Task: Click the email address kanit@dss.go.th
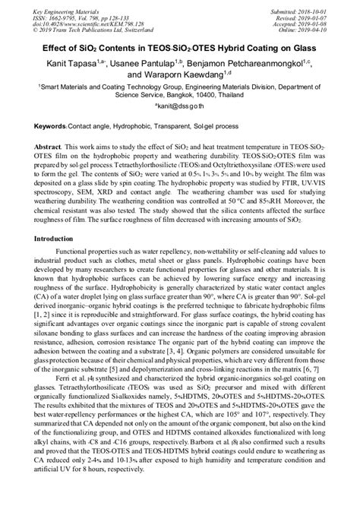click(x=181, y=109)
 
